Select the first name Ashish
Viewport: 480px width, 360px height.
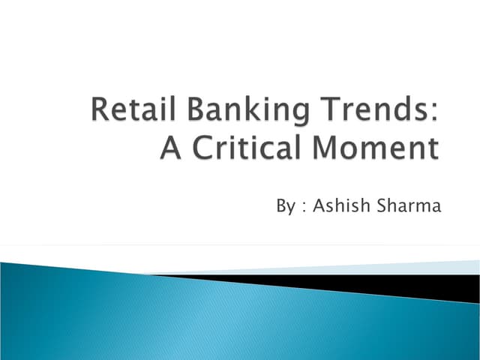[x=336, y=205]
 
